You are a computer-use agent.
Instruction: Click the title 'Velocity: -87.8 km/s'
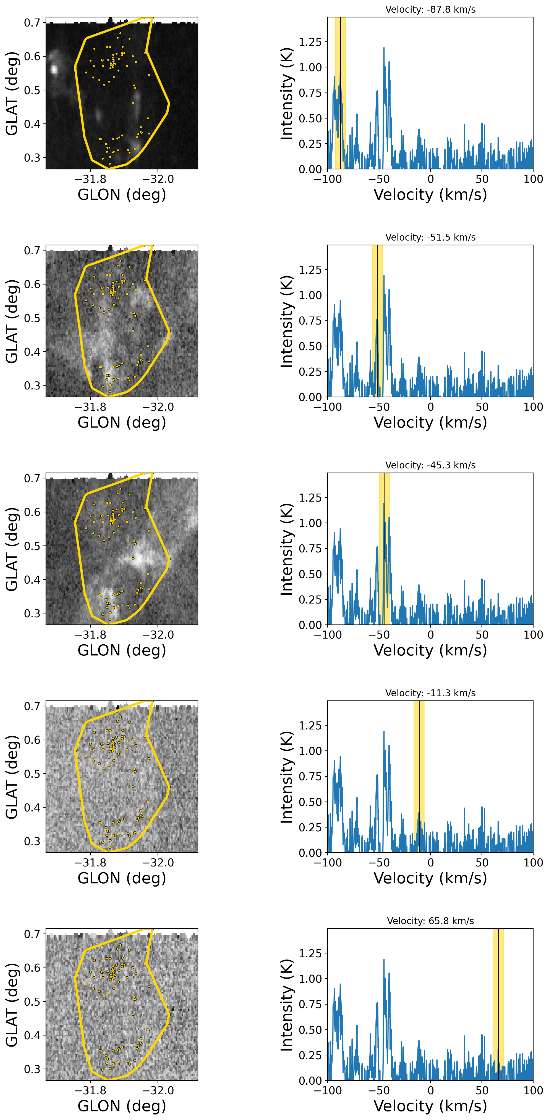(430, 10)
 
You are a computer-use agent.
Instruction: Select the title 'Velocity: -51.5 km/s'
(430, 237)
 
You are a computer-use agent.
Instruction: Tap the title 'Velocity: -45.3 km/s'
(430, 465)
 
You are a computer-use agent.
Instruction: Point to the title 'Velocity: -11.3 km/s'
(430, 693)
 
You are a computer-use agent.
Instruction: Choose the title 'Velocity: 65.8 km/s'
(430, 921)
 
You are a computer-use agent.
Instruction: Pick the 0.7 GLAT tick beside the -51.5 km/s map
(32, 251)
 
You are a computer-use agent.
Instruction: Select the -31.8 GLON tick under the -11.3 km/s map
(90, 863)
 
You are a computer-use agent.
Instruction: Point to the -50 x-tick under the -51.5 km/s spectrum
(379, 407)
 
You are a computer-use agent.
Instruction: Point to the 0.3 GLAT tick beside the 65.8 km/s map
(32, 1069)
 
